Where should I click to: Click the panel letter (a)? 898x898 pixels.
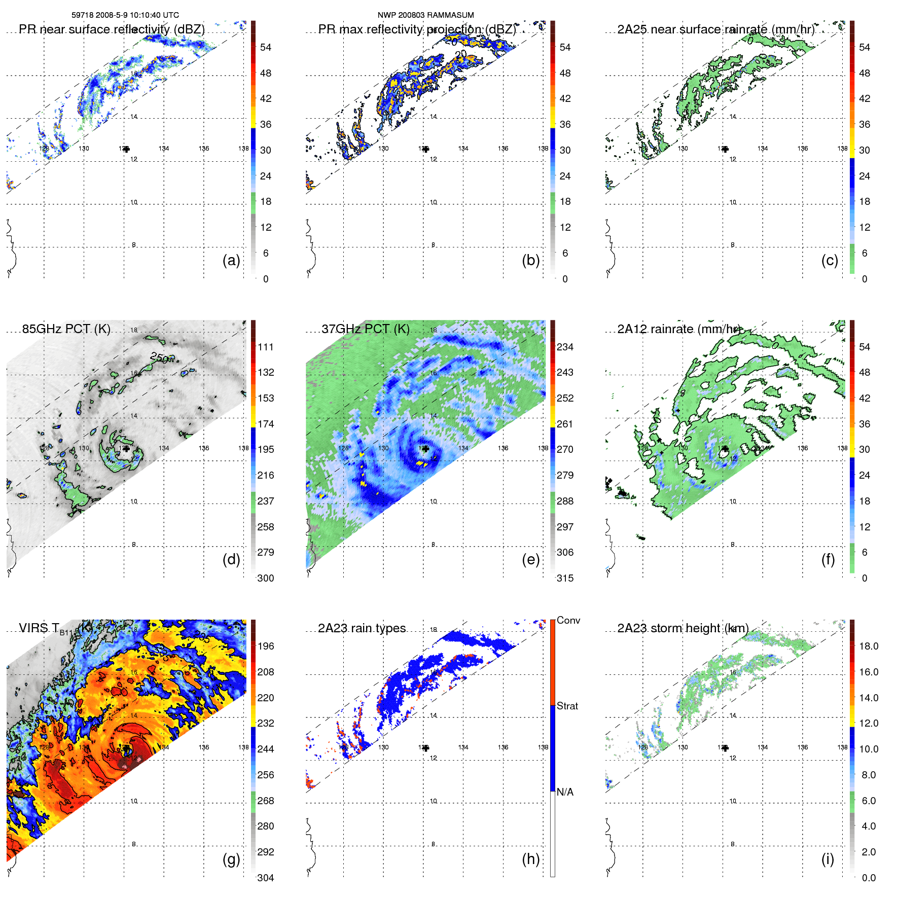(x=231, y=261)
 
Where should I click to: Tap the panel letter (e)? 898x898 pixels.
(x=530, y=560)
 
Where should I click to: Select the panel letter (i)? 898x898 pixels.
(x=828, y=859)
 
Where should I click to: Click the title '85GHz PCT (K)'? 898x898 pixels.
(x=66, y=329)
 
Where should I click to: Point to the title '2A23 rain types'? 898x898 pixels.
(x=362, y=628)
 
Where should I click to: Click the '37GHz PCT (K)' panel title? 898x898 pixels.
(x=366, y=329)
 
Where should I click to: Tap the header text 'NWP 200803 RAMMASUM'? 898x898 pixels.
(x=425, y=15)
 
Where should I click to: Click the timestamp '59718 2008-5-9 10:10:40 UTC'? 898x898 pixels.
(x=125, y=15)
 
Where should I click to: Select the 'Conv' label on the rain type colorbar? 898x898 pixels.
(x=568, y=620)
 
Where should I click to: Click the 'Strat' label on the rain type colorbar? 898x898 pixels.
(x=567, y=706)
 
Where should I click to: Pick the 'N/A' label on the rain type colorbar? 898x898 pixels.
(x=565, y=792)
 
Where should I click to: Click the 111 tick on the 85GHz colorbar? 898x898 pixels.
(x=266, y=347)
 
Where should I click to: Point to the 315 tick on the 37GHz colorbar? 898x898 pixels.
(x=565, y=578)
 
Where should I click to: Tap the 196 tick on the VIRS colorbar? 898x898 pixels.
(x=266, y=646)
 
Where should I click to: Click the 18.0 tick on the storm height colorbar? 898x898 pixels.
(x=869, y=646)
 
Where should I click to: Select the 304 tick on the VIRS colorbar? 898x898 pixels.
(x=266, y=878)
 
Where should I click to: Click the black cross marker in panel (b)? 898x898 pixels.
(x=426, y=149)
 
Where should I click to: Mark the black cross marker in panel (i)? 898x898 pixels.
(x=725, y=748)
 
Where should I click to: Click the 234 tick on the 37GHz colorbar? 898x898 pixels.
(x=565, y=347)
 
